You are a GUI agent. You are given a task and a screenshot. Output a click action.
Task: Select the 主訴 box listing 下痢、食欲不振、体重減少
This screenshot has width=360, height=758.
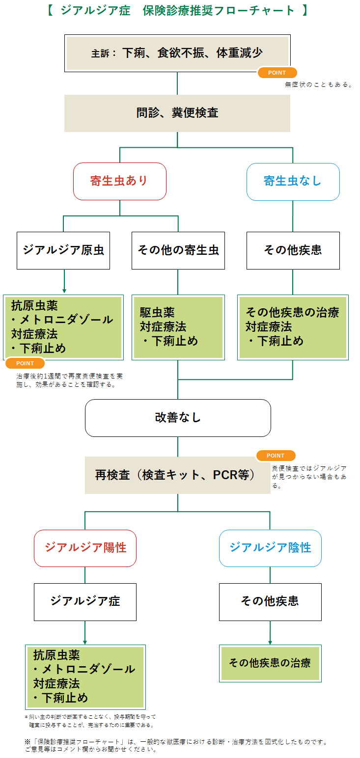(177, 53)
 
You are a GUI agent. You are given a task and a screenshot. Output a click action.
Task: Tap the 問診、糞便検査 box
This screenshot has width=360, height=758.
(177, 113)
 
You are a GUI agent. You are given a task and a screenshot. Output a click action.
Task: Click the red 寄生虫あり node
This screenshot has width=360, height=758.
(119, 181)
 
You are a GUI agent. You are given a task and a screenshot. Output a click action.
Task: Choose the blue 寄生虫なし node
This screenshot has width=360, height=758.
(293, 181)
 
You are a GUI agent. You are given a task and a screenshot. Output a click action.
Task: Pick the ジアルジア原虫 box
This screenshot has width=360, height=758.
(63, 250)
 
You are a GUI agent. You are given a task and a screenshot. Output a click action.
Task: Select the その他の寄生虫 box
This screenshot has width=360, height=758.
(178, 250)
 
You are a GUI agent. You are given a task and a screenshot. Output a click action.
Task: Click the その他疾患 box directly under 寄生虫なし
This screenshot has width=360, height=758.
(293, 250)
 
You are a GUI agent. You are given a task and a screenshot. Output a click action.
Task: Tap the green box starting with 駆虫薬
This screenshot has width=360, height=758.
(178, 326)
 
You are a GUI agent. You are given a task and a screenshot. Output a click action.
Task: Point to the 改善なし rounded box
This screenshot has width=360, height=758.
(178, 418)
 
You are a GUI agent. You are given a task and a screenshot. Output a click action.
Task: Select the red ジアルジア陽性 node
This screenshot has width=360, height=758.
(85, 548)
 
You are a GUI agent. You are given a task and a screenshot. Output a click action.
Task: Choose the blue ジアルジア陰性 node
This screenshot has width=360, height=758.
(270, 548)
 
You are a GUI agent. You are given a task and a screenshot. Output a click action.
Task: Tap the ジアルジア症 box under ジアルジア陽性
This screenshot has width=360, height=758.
(85, 601)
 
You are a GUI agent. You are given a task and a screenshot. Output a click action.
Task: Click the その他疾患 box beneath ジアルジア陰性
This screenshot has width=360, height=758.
(270, 601)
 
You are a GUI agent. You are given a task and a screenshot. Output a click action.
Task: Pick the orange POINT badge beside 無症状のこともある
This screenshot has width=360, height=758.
(277, 73)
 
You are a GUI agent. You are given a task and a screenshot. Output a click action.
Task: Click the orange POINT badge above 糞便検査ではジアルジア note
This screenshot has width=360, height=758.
(276, 456)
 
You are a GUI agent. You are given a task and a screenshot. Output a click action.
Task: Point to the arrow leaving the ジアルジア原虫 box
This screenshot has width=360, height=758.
(64, 283)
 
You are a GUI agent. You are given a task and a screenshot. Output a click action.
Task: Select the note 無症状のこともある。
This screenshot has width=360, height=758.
(319, 84)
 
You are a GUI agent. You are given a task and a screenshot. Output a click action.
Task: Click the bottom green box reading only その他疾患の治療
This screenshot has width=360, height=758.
(270, 663)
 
